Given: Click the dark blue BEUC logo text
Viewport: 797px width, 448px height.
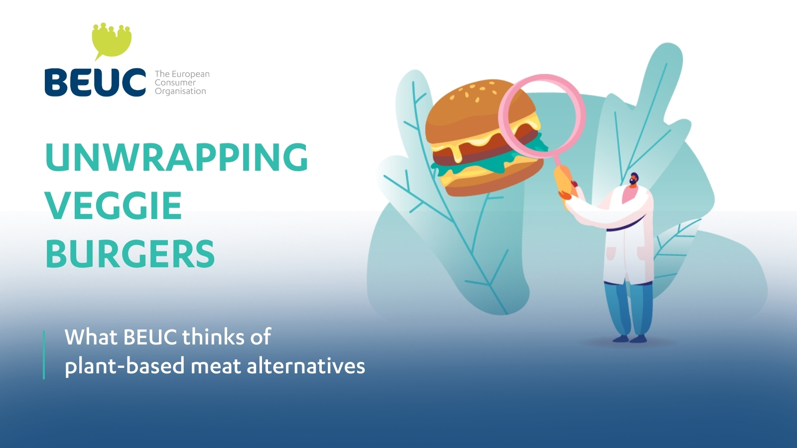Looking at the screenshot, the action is pos(95,82).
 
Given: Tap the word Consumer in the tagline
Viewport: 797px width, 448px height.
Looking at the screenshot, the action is pos(175,83).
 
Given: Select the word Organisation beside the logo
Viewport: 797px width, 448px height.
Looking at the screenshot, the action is pos(180,92).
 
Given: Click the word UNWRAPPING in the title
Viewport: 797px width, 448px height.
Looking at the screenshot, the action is pos(176,157).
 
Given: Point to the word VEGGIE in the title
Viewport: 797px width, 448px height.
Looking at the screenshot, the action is pos(114,206).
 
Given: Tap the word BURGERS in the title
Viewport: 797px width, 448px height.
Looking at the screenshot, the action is pos(130,253).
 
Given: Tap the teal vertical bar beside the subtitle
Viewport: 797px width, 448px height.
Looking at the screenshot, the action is pos(44,355).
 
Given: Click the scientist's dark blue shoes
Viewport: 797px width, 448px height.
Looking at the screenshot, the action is pos(629,339).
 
